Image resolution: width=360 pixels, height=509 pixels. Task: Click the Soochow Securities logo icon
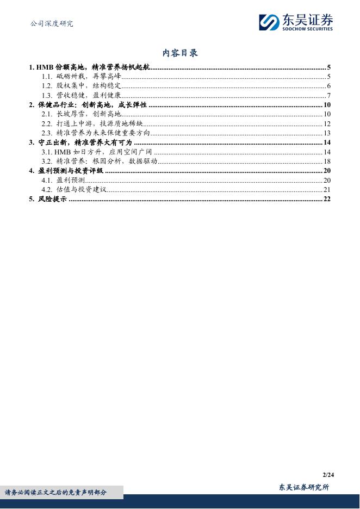click(x=269, y=22)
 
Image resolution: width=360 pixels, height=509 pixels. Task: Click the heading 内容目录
click(x=180, y=53)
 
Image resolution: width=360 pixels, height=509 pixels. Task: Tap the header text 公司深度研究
click(x=51, y=23)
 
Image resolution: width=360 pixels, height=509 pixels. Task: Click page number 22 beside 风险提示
click(x=327, y=199)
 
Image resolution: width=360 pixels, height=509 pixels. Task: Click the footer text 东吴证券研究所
click(x=303, y=487)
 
